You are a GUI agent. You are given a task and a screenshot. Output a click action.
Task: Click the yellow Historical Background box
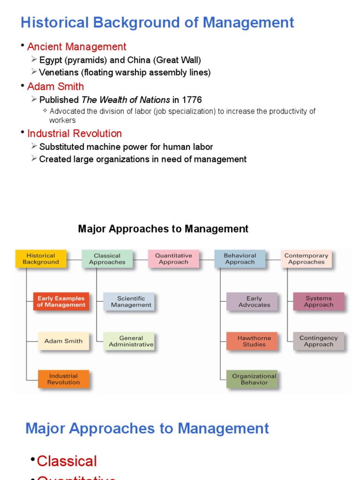point(41,259)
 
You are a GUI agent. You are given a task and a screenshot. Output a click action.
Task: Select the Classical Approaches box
point(107,259)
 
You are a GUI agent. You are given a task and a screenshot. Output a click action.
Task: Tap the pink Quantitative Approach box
point(173,259)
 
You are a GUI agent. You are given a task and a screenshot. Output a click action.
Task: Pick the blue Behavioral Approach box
point(240,259)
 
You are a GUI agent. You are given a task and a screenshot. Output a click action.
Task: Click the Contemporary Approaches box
point(307,259)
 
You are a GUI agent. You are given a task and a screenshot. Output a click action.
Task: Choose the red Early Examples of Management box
point(61,301)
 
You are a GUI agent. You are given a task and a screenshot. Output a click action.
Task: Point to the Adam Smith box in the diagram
point(63,341)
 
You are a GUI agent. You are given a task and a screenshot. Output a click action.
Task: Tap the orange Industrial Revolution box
point(63,379)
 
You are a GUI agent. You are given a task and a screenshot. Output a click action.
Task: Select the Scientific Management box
point(129,301)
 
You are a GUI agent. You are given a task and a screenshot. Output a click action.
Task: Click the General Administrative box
point(129,341)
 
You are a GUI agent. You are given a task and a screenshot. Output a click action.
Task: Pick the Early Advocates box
point(252,301)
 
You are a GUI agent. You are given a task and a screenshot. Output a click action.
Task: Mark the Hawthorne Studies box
point(252,341)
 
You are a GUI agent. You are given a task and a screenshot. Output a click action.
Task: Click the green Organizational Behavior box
point(252,379)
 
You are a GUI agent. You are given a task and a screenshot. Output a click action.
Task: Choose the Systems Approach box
point(319,301)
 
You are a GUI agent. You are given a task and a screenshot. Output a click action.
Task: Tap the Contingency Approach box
point(319,341)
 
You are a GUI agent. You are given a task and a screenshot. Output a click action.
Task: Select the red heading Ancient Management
point(76,47)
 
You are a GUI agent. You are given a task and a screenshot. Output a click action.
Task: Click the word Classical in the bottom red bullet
point(67,461)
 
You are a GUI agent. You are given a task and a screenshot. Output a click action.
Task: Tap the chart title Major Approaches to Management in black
point(163,229)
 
